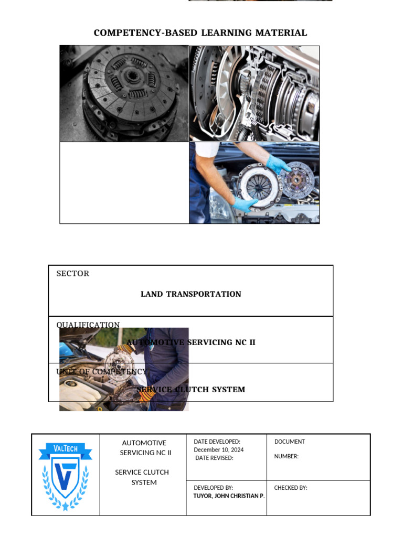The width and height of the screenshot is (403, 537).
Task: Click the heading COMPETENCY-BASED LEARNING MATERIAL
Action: point(200,33)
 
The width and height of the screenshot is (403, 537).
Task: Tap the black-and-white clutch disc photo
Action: point(124,93)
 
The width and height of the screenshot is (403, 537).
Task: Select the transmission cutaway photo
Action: point(254,93)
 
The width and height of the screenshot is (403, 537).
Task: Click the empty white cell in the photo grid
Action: point(124,182)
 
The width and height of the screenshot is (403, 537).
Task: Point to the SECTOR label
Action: point(72,274)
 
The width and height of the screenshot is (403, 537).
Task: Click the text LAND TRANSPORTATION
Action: point(190,294)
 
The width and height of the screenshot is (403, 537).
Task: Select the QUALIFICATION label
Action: point(88,325)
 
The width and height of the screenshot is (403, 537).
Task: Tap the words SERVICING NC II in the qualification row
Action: point(220,342)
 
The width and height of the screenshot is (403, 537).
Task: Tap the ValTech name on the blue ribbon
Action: point(66,448)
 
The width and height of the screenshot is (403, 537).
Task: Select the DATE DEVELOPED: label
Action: point(217,442)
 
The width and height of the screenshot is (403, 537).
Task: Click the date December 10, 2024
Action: point(218,450)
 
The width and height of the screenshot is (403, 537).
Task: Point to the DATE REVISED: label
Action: point(214,458)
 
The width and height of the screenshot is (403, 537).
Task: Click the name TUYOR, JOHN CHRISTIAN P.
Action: point(229,496)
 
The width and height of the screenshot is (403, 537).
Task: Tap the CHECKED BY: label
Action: point(290,488)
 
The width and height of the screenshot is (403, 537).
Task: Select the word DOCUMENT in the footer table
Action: point(289,442)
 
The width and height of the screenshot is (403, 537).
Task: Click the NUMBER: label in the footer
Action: point(286,456)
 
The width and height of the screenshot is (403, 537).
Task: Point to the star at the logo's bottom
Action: point(66,507)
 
